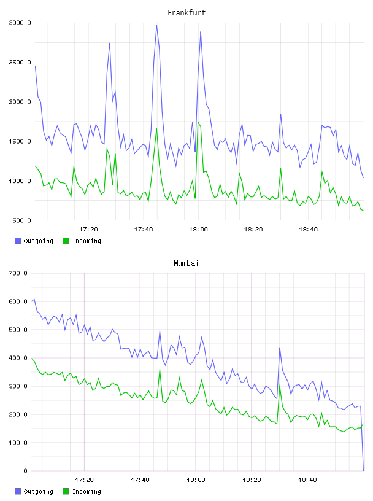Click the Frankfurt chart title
point(186,13)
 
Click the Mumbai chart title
point(186,263)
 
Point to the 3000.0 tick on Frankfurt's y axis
point(20,23)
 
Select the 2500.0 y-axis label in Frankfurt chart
point(20,62)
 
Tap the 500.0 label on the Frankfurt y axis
point(21,220)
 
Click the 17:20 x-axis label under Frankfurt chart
point(88,230)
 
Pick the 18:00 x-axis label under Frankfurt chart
point(198,230)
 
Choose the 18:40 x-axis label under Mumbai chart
point(307,480)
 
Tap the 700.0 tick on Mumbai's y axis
point(18,273)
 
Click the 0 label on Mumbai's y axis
point(26,471)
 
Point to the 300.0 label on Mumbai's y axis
point(18,386)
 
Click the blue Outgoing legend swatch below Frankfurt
point(18,241)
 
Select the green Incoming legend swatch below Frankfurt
point(66,241)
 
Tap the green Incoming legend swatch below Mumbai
point(66,491)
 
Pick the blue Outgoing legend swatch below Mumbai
point(18,491)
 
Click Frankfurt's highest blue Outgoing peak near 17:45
point(156,26)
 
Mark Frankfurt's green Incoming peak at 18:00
point(198,122)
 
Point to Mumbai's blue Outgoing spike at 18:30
point(280,348)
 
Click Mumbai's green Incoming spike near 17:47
point(160,370)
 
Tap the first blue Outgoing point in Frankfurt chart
point(35,66)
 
